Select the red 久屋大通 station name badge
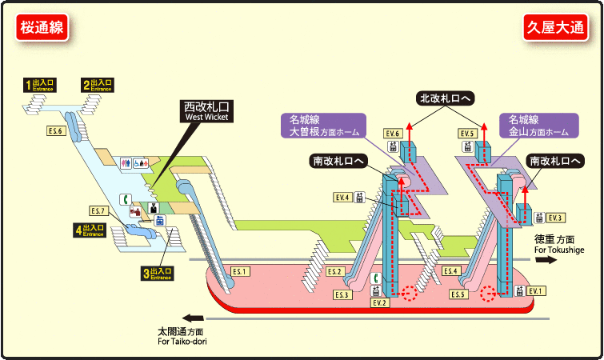(x=555, y=27)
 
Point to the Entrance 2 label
(x=98, y=84)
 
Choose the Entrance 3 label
(x=158, y=274)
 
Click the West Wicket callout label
(x=206, y=110)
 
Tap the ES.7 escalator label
(x=98, y=211)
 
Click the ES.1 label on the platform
(x=241, y=272)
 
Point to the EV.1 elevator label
(x=535, y=290)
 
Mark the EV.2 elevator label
(x=379, y=303)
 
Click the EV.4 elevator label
(x=342, y=197)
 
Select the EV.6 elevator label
(x=392, y=133)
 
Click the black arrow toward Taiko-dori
(x=192, y=318)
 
